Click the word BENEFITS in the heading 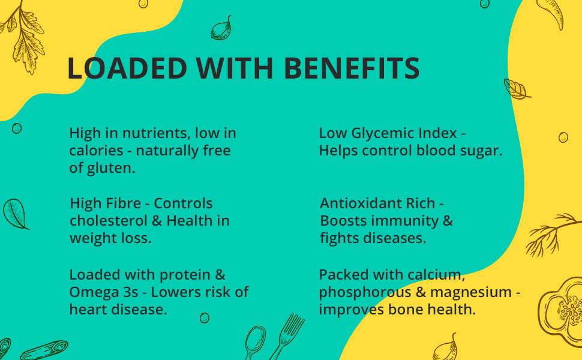(351, 68)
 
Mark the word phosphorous (355, 292)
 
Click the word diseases (390, 238)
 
